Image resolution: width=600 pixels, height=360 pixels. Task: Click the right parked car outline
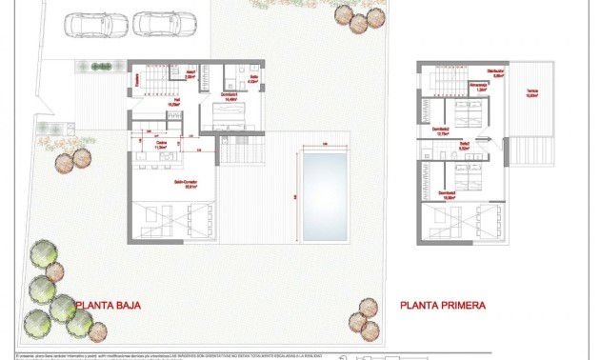[156, 23]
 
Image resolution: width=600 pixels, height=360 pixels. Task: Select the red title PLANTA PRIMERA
[443, 306]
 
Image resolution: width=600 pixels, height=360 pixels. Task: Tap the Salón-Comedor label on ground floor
[185, 185]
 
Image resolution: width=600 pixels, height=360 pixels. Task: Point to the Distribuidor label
[494, 73]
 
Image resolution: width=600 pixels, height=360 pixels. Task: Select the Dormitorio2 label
[440, 130]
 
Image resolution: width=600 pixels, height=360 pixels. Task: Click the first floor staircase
[441, 80]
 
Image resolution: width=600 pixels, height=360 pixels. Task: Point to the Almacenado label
[481, 88]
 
